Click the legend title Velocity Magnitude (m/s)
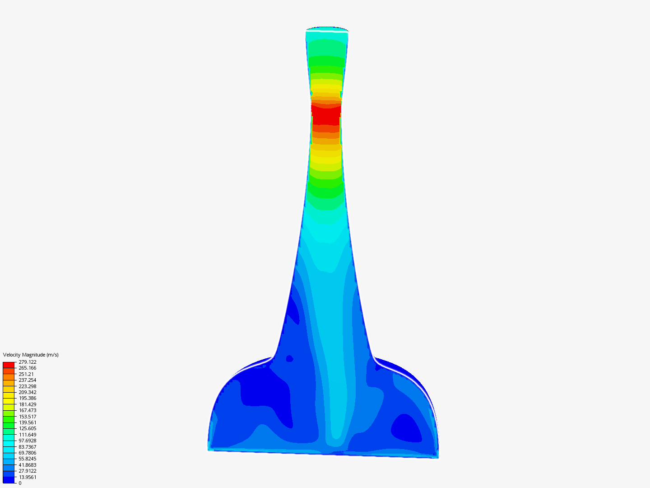click(31, 355)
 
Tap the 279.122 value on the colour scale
click(28, 362)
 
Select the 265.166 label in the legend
click(28, 368)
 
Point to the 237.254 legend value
click(28, 380)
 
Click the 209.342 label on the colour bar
click(28, 392)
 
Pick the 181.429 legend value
click(28, 404)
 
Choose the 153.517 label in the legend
click(28, 417)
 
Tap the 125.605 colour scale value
click(28, 428)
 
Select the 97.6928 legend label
click(28, 441)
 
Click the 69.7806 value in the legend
click(28, 453)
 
